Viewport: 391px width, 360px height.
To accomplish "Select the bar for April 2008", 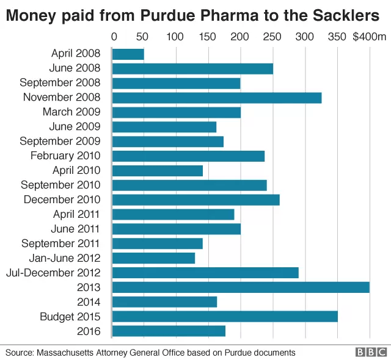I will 128,54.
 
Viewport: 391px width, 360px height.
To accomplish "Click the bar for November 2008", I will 217,98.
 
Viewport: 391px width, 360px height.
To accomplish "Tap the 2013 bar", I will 241,287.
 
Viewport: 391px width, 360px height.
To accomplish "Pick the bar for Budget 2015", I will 225,317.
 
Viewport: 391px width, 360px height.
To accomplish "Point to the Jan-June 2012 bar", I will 154,258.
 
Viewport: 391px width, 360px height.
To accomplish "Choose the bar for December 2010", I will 196,200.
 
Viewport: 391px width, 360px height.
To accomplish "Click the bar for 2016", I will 169,331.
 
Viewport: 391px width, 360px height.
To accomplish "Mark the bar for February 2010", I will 189,156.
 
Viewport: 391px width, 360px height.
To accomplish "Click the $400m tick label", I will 369,37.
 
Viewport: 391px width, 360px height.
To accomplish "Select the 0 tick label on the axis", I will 114,37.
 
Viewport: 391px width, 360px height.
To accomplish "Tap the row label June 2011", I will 75,229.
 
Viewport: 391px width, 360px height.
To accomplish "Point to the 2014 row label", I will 89,302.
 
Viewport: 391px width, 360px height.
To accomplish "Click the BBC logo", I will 371,352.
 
